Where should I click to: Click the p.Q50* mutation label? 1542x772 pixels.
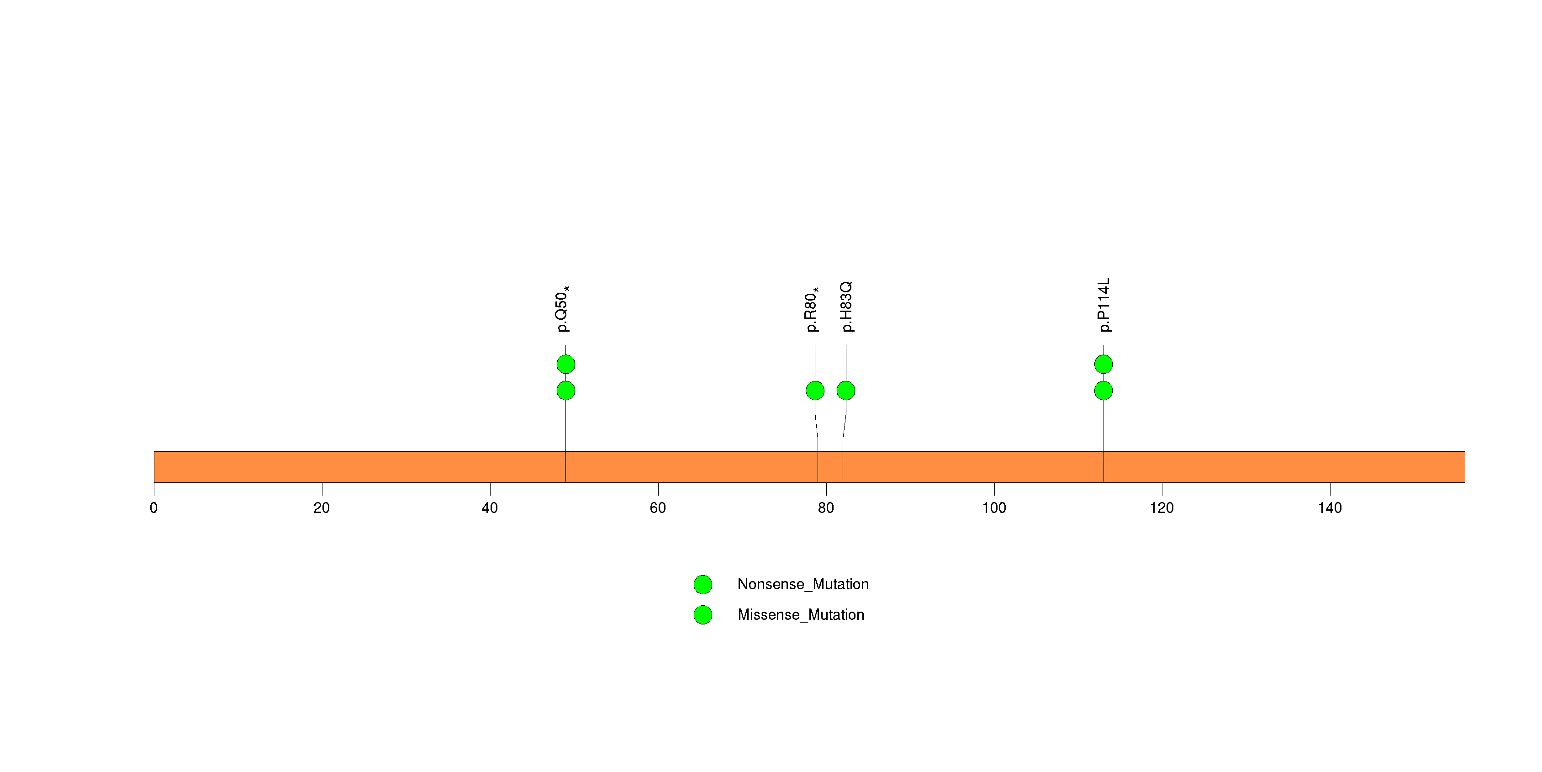pos(562,309)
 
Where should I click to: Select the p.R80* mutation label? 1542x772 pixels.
pos(811,309)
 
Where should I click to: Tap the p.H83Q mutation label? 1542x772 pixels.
pos(846,307)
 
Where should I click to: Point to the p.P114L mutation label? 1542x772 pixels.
pos(1104,305)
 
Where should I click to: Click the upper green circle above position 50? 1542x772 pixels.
pos(565,364)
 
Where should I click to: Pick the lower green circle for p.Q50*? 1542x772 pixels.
pos(565,391)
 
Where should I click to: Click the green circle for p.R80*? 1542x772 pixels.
pos(815,391)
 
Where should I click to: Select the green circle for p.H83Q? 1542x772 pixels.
pos(846,391)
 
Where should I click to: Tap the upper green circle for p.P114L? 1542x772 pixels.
pos(1103,364)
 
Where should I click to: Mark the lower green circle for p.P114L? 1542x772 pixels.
pos(1103,391)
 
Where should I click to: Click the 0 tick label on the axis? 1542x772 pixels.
pos(154,508)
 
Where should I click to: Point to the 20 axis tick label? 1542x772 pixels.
pos(322,508)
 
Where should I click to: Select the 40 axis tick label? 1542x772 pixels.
pos(490,508)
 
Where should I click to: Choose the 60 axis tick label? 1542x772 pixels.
pos(658,508)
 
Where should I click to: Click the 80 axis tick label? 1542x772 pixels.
pos(826,508)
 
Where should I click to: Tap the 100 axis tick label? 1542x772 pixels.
pos(994,508)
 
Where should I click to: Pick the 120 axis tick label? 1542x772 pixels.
pos(1162,508)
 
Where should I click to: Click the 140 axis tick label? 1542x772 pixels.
pos(1330,508)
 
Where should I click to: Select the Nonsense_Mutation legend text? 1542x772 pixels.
pos(803,584)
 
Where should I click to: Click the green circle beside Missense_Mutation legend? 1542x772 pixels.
pos(703,614)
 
